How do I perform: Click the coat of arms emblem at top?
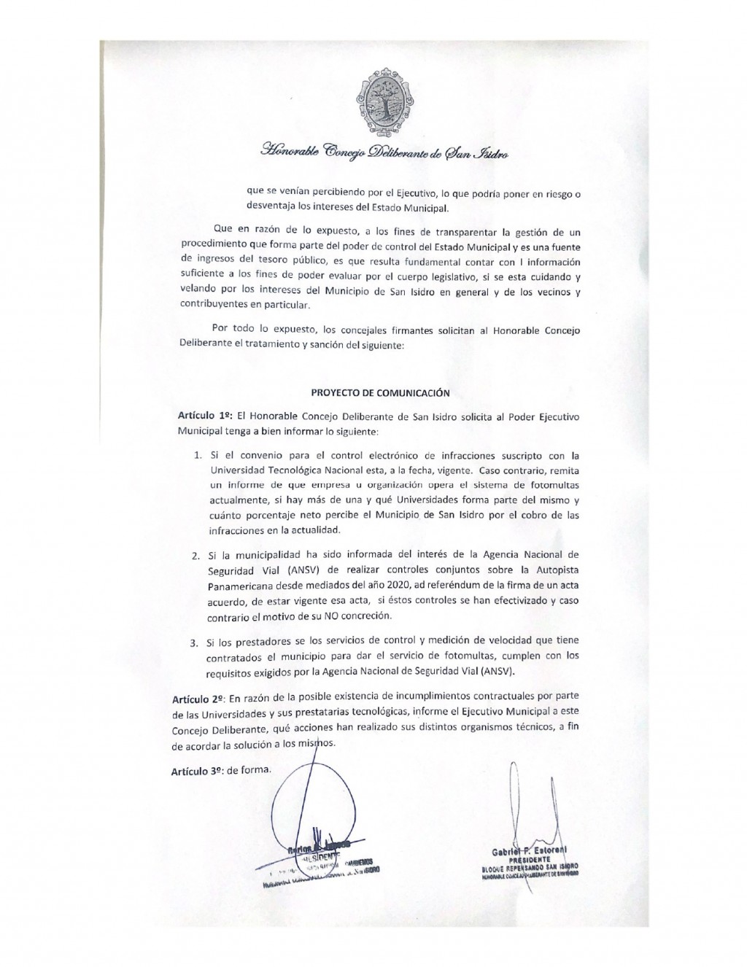click(x=383, y=103)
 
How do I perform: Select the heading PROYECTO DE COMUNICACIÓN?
click(x=380, y=392)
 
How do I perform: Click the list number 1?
click(x=197, y=456)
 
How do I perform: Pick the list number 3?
click(x=194, y=643)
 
